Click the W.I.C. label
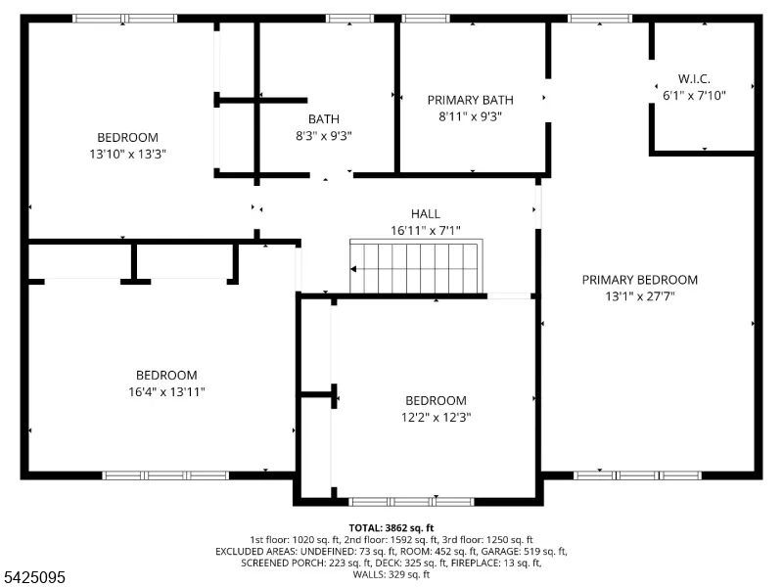click(694, 78)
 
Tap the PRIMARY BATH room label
click(470, 100)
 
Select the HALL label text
click(426, 213)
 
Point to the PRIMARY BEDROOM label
click(640, 280)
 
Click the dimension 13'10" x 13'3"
click(127, 154)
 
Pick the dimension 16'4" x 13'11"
click(166, 392)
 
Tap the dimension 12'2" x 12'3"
click(436, 417)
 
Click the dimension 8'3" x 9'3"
click(324, 135)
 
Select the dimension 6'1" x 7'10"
click(694, 95)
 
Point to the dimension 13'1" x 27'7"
click(640, 296)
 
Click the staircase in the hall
click(416, 266)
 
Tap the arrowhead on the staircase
click(353, 269)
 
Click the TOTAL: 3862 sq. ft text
click(391, 528)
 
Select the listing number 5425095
click(32, 577)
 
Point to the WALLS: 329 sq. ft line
click(391, 574)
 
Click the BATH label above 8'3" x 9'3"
click(324, 118)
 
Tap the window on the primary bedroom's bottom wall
click(637, 475)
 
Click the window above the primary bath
click(426, 19)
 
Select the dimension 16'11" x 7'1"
click(426, 230)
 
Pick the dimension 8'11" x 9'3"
click(470, 116)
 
